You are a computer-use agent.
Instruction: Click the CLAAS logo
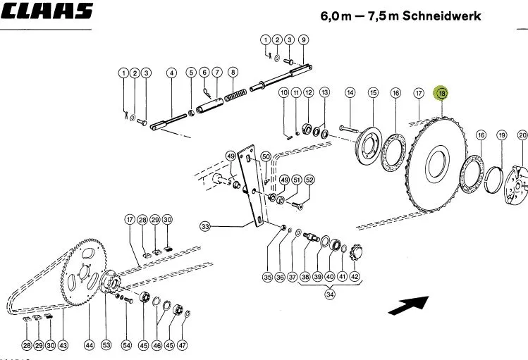tap(47, 11)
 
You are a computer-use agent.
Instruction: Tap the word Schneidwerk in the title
tap(441, 15)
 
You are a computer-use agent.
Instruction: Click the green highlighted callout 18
tap(441, 93)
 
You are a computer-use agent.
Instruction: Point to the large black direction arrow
tap(408, 305)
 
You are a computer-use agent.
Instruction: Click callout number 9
tap(303, 40)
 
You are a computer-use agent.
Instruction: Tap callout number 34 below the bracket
tap(330, 294)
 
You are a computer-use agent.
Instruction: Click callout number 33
tap(205, 226)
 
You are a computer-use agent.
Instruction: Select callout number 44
tap(89, 345)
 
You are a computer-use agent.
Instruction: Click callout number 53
tap(106, 345)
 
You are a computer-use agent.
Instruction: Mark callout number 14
tap(350, 92)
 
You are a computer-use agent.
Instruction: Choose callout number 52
tap(309, 180)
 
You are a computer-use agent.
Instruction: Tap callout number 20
tap(522, 135)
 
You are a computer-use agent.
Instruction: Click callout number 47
tap(182, 345)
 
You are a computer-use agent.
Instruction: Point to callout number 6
tap(204, 73)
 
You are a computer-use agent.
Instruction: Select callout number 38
tap(305, 277)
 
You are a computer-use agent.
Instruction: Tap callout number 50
tap(266, 156)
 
